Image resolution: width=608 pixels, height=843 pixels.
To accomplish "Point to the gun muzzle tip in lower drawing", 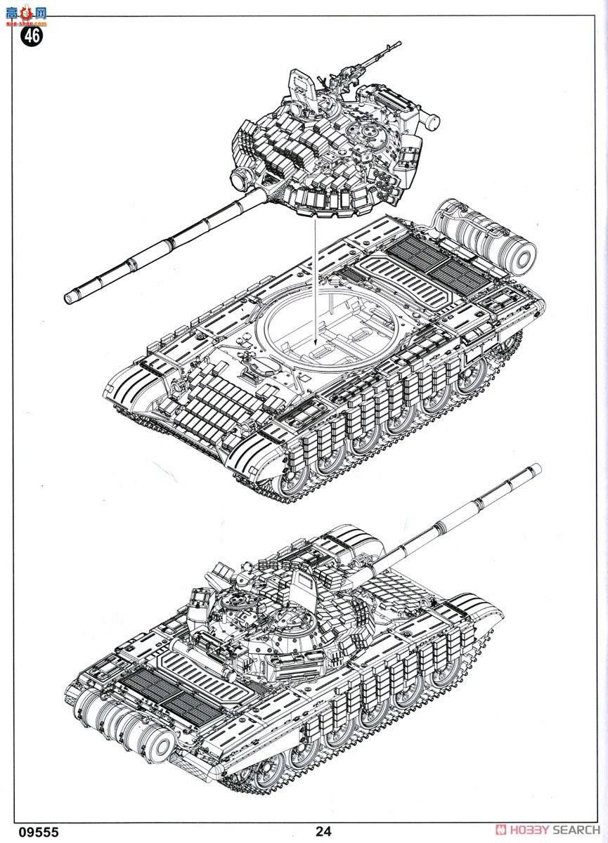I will point(537,467).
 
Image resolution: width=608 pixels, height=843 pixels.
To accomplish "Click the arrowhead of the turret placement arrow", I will point(316,347).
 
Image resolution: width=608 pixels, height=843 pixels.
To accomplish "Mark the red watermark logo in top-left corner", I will point(25,13).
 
